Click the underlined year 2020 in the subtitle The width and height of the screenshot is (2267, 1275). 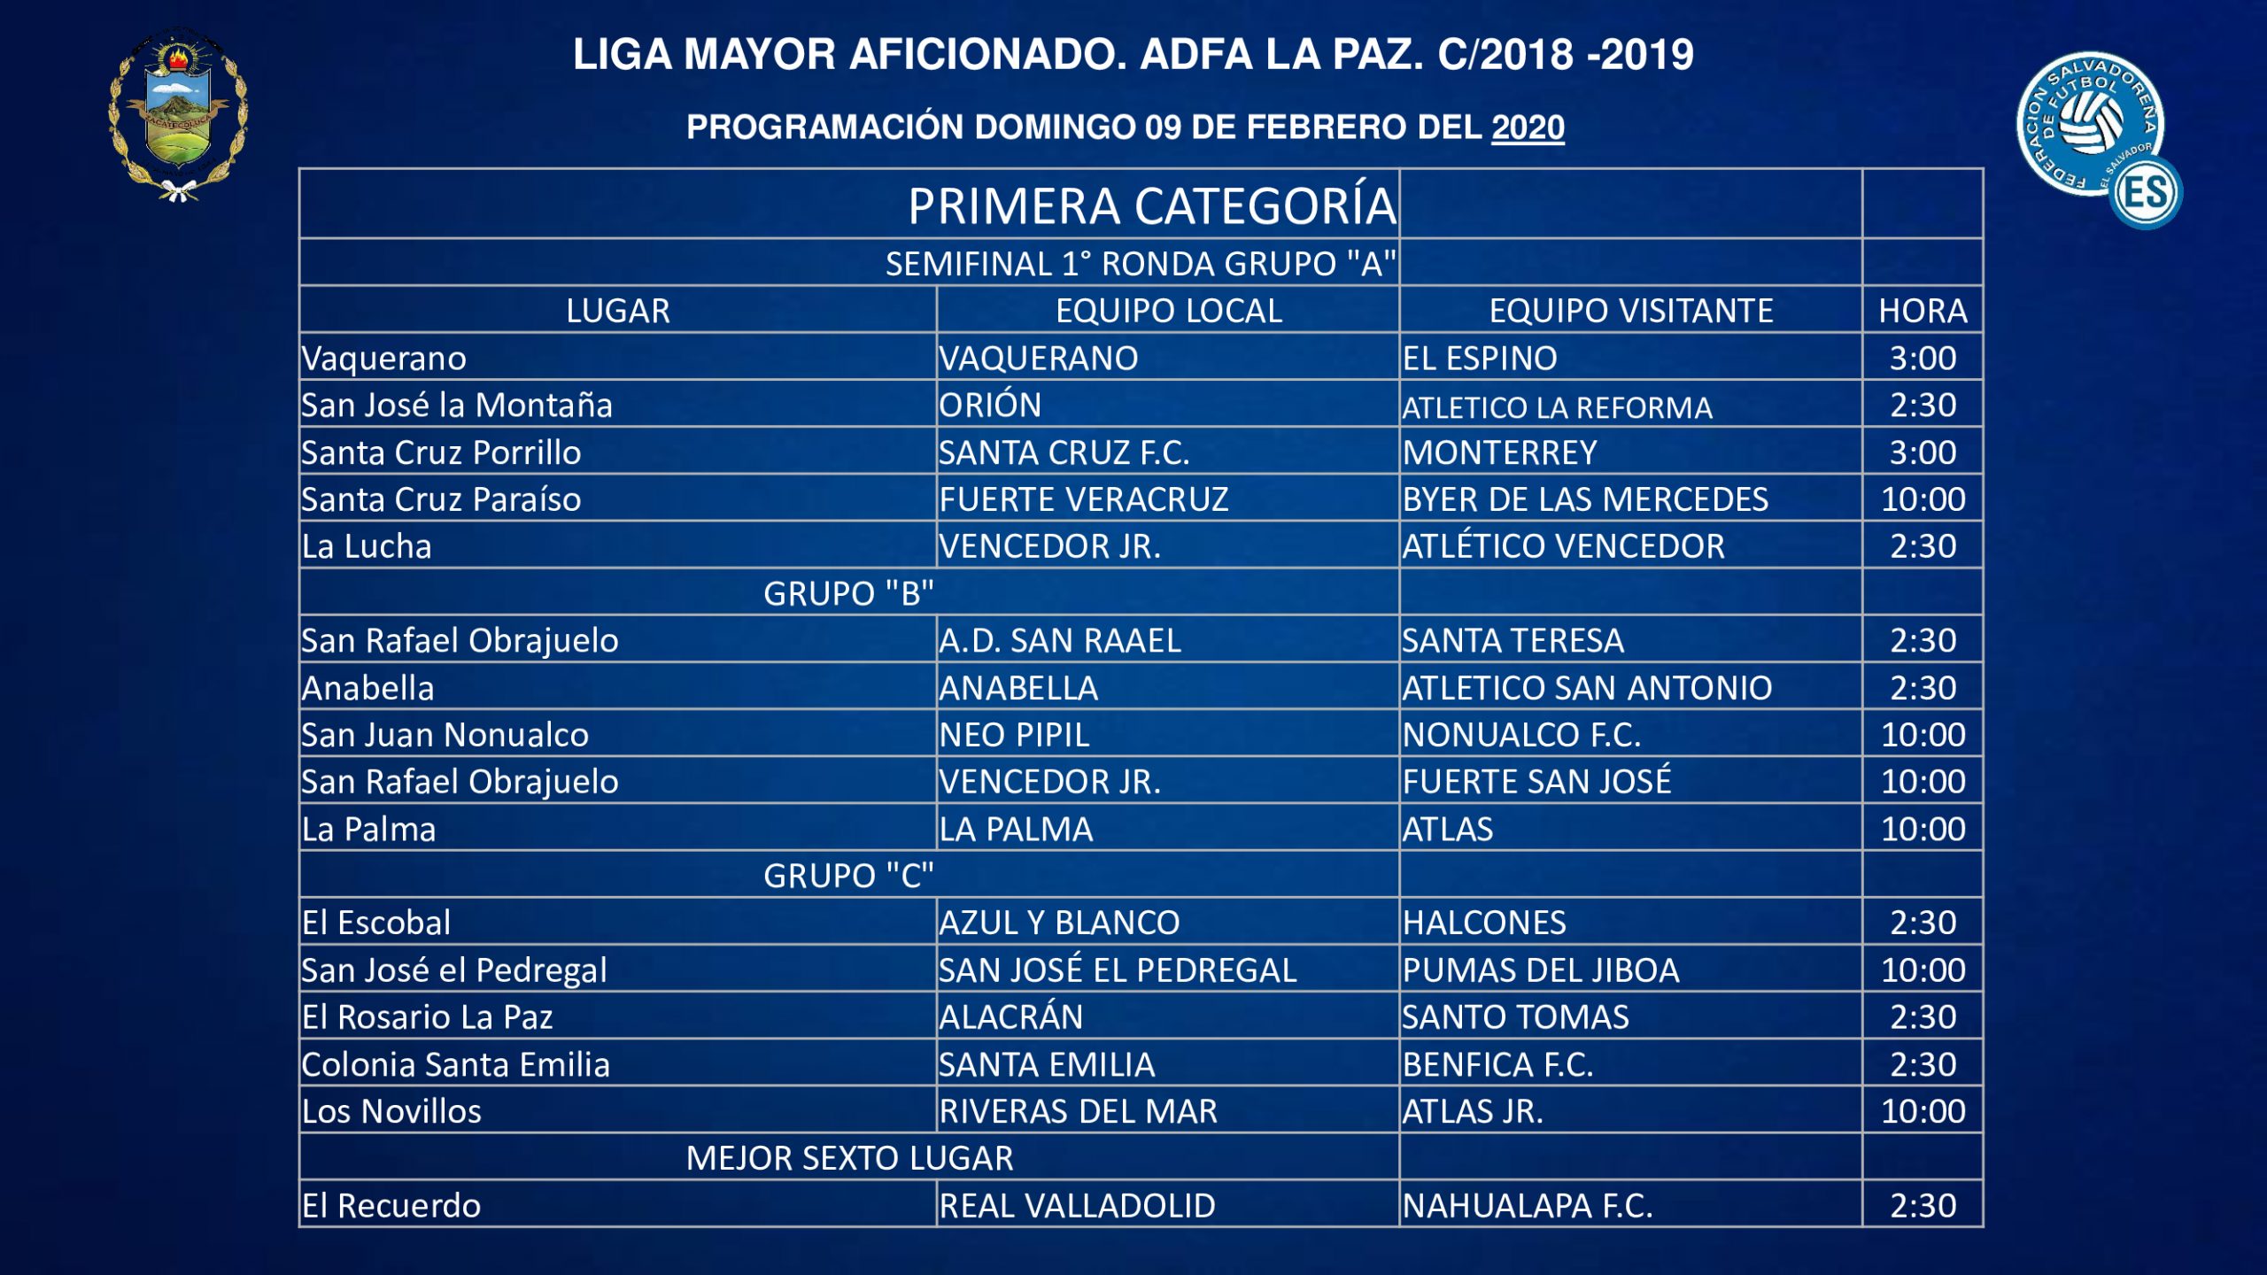pyautogui.click(x=1528, y=127)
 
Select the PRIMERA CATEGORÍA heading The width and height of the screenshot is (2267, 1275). pyautogui.click(x=1151, y=206)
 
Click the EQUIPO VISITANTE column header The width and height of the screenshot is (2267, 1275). pyautogui.click(x=1630, y=311)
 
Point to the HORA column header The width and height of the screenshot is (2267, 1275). pyautogui.click(x=1923, y=311)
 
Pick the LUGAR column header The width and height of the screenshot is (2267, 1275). pyautogui.click(x=618, y=311)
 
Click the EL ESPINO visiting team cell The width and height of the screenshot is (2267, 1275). pyautogui.click(x=1480, y=359)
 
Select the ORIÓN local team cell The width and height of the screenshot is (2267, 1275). pyautogui.click(x=990, y=406)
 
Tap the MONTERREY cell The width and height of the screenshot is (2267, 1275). pyautogui.click(x=1499, y=452)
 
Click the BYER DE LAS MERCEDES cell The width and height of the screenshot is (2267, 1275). pyautogui.click(x=1585, y=499)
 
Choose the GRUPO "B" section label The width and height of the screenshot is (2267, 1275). pyautogui.click(x=848, y=593)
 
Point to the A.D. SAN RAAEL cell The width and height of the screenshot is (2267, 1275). pyautogui.click(x=1060, y=640)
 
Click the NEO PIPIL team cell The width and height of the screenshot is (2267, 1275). pyautogui.click(x=1014, y=735)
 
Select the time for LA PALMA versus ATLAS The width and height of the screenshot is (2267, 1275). pyautogui.click(x=1923, y=829)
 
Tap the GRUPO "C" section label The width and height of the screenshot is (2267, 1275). pyautogui.click(x=848, y=876)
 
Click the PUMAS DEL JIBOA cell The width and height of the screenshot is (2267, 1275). pyautogui.click(x=1541, y=970)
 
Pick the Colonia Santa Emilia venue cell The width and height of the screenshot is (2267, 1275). pyautogui.click(x=455, y=1064)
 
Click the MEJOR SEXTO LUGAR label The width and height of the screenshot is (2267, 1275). pyautogui.click(x=848, y=1158)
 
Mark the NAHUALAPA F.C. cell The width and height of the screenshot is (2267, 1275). pyautogui.click(x=1528, y=1206)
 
